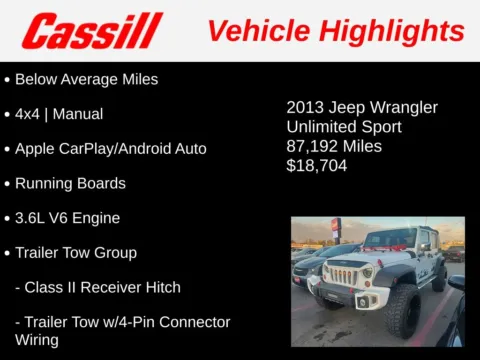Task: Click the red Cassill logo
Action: click(x=93, y=31)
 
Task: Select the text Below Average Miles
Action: click(x=87, y=79)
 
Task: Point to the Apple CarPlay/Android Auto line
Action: click(x=111, y=149)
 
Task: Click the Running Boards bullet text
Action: click(x=70, y=184)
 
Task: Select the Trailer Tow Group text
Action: click(x=76, y=253)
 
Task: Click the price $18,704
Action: click(x=317, y=165)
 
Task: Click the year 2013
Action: click(x=305, y=107)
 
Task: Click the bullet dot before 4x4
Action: click(x=8, y=115)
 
